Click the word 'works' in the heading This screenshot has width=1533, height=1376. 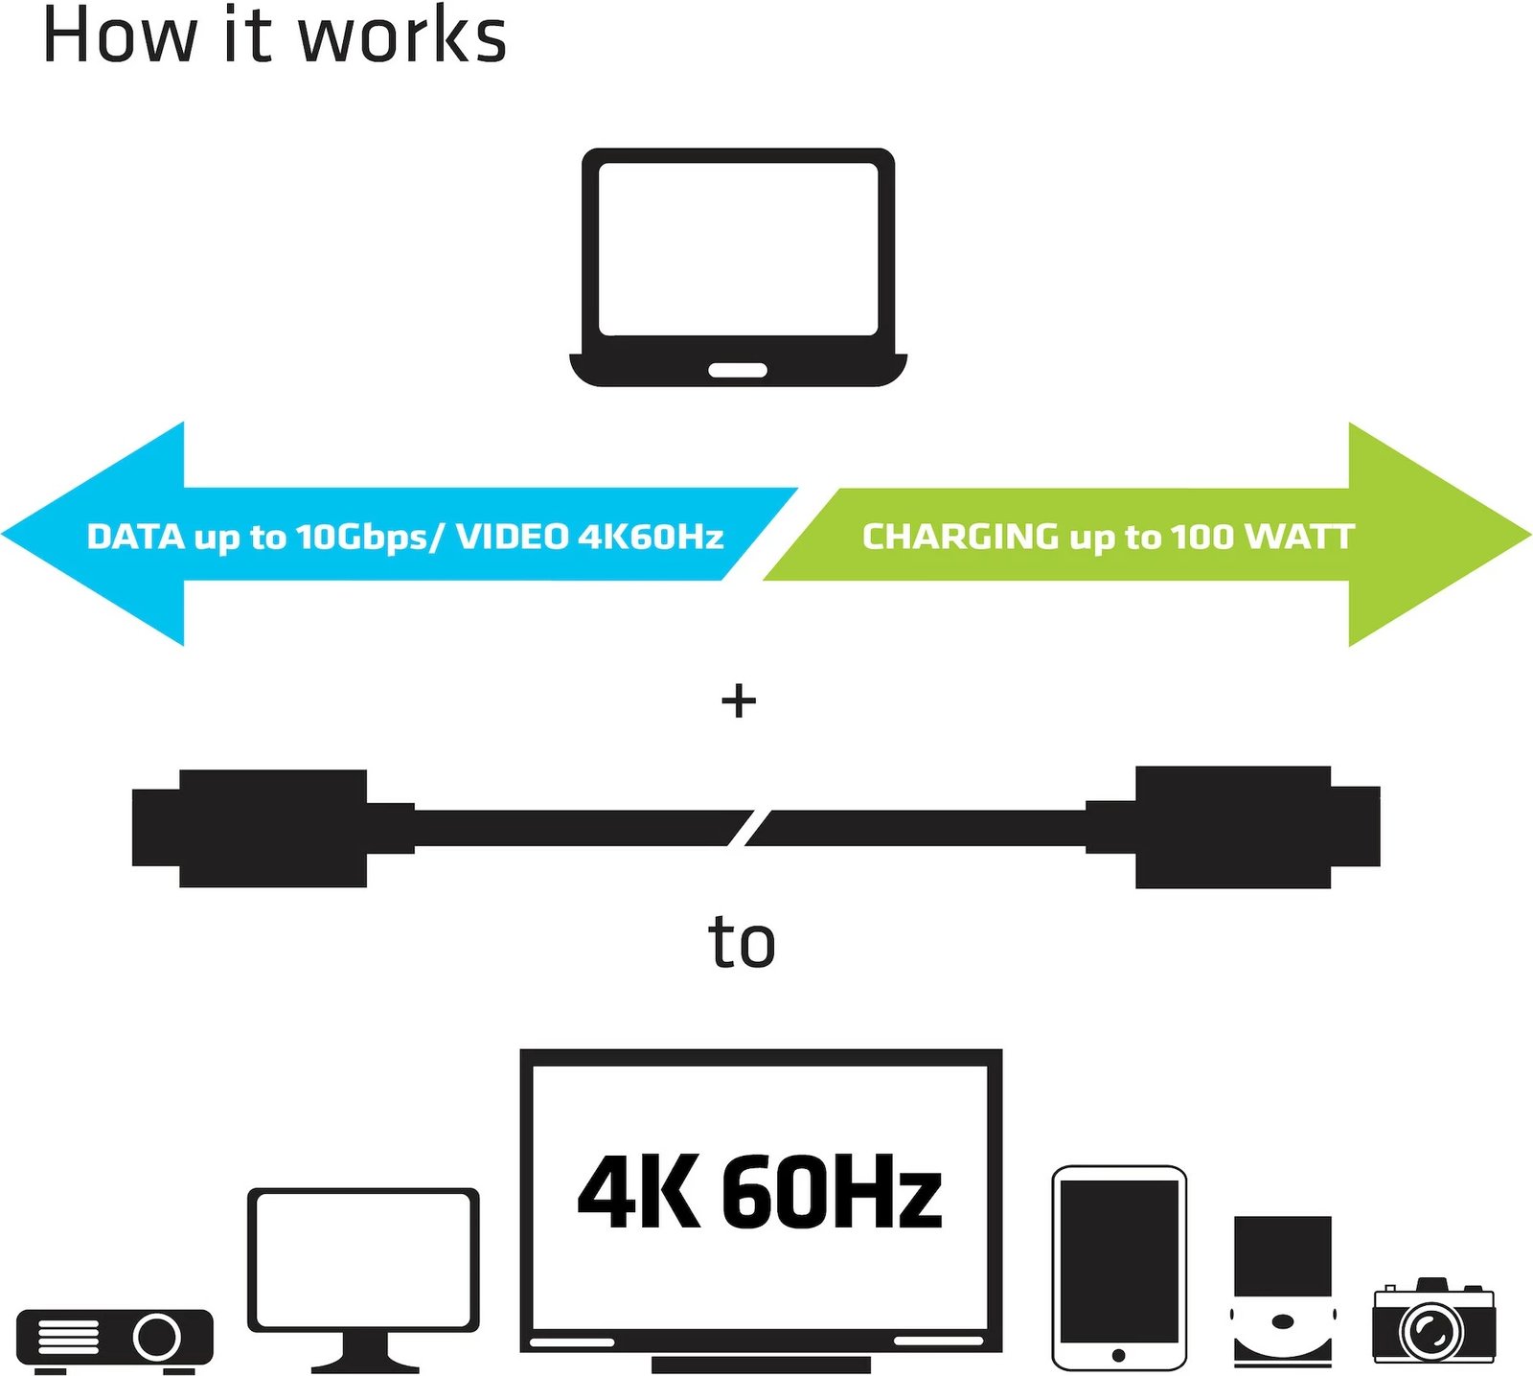click(x=402, y=36)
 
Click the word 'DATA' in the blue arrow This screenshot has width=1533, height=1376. click(x=135, y=537)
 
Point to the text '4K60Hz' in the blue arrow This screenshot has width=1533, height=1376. click(x=651, y=537)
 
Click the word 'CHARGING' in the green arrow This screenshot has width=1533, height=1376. click(x=960, y=537)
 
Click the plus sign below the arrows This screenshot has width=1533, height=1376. click(x=739, y=701)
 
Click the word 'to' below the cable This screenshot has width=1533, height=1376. click(x=742, y=943)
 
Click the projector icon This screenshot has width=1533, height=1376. click(x=115, y=1338)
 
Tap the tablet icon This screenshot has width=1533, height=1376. click(x=1119, y=1267)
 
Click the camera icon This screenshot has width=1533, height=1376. click(x=1432, y=1322)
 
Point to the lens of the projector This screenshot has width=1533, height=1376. click(x=157, y=1336)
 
